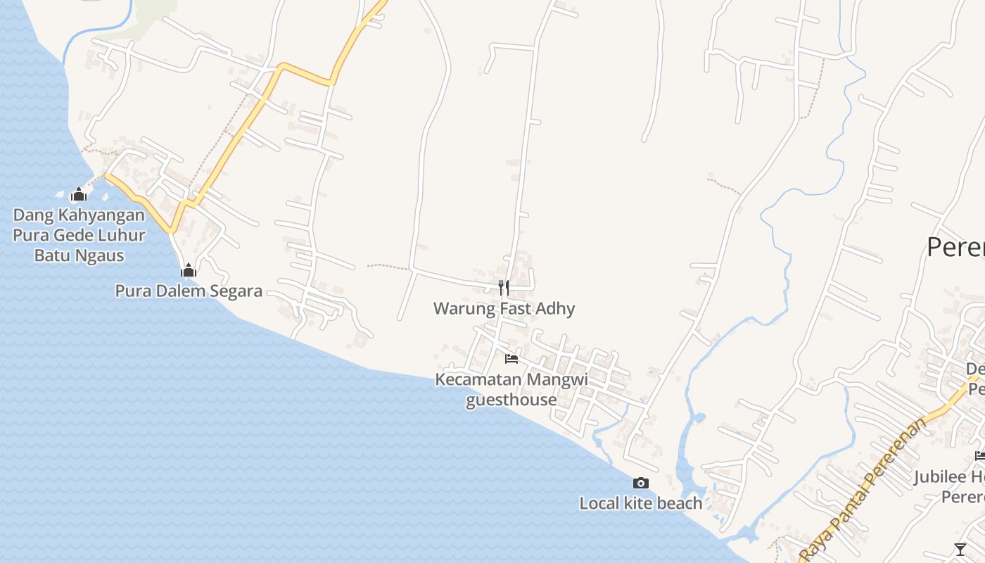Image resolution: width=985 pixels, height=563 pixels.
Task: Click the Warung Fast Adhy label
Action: point(504,308)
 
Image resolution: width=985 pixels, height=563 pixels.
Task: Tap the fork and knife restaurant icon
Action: point(504,287)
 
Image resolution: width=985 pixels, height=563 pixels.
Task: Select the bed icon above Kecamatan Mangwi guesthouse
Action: point(511,359)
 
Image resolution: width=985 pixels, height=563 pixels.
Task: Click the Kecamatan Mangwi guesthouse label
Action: point(511,389)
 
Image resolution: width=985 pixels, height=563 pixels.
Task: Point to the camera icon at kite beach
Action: point(640,483)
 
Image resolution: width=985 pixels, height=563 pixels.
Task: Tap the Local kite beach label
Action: point(640,503)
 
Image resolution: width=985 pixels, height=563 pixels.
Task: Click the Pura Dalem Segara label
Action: point(189,291)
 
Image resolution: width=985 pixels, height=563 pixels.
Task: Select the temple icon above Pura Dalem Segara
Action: point(188,270)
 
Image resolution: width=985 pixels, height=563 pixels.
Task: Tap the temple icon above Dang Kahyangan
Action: point(79,194)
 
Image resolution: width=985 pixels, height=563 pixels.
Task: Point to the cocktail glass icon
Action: point(960,549)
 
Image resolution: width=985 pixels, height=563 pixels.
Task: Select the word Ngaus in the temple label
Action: point(101,255)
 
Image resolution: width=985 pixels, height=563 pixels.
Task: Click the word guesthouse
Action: point(511,400)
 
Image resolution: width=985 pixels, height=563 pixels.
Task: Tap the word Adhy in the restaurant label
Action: point(555,308)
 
